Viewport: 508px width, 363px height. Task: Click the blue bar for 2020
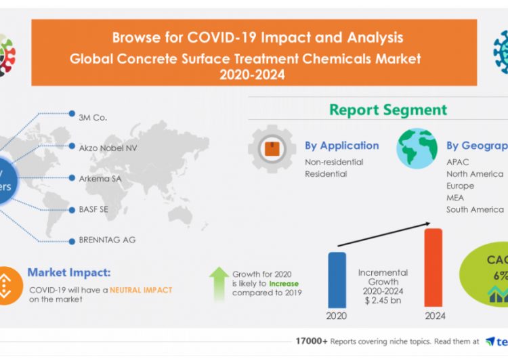tap(337, 280)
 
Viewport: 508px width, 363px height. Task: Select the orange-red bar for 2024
tap(433, 268)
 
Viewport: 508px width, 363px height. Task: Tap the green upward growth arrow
tap(219, 283)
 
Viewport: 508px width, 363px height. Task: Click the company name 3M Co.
tap(93, 117)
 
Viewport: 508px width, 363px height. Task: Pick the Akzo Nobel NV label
tap(108, 146)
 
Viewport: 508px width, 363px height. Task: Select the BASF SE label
tap(93, 209)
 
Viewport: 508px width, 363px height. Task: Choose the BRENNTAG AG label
tap(107, 240)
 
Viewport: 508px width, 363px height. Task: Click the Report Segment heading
tap(388, 110)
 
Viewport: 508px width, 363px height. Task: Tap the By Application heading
tap(341, 145)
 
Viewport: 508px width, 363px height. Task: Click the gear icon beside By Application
tap(272, 148)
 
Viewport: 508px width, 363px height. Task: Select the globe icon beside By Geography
tap(417, 148)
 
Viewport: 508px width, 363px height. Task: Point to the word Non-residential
tap(334, 162)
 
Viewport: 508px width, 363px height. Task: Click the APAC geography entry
tap(458, 162)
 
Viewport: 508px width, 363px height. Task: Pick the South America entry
tap(475, 209)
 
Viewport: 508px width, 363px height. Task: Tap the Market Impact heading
tap(69, 273)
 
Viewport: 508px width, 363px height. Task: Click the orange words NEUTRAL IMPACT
tap(142, 289)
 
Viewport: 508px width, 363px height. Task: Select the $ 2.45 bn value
tap(382, 300)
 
